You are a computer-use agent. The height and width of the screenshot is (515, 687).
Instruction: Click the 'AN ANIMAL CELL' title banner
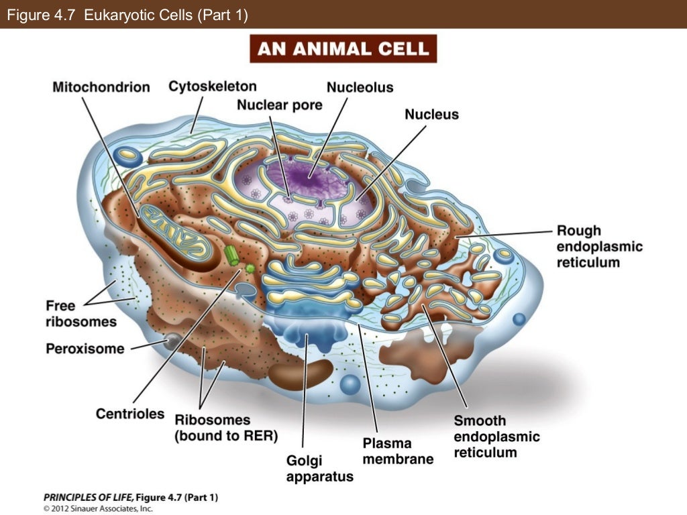(x=343, y=49)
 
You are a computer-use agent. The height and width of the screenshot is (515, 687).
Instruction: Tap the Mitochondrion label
(x=101, y=87)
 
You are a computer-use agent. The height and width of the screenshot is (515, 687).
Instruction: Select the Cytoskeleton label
(x=212, y=86)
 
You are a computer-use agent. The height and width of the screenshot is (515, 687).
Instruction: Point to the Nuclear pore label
(x=279, y=105)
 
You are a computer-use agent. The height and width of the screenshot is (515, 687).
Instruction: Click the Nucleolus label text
(x=360, y=87)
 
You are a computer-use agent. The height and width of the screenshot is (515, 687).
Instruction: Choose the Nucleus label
(x=431, y=114)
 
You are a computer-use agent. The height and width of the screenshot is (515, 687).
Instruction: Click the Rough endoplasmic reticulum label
(x=599, y=246)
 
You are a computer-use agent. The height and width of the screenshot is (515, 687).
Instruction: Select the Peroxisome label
(x=85, y=349)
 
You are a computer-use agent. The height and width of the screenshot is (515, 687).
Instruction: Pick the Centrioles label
(x=129, y=413)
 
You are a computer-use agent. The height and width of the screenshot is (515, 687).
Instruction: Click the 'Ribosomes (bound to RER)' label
(x=225, y=427)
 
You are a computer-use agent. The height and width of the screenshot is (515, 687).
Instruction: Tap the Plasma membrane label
(x=397, y=451)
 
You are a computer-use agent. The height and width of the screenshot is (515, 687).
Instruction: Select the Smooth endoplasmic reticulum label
(x=496, y=436)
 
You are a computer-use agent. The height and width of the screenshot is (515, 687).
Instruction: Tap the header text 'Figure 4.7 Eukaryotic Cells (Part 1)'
(x=127, y=15)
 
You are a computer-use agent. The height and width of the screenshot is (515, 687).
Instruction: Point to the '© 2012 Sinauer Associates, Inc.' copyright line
(x=98, y=508)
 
